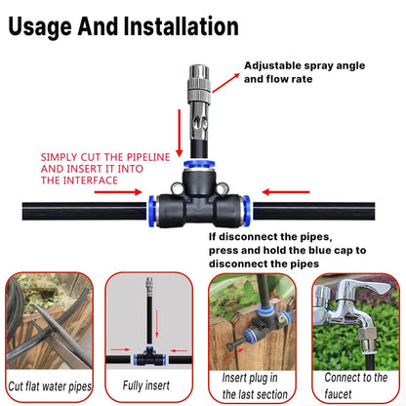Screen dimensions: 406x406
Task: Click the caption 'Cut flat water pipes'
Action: [x=55, y=386]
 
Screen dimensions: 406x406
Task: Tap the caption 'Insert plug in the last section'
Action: [x=254, y=386]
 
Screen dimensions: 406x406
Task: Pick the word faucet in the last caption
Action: [x=352, y=394]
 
